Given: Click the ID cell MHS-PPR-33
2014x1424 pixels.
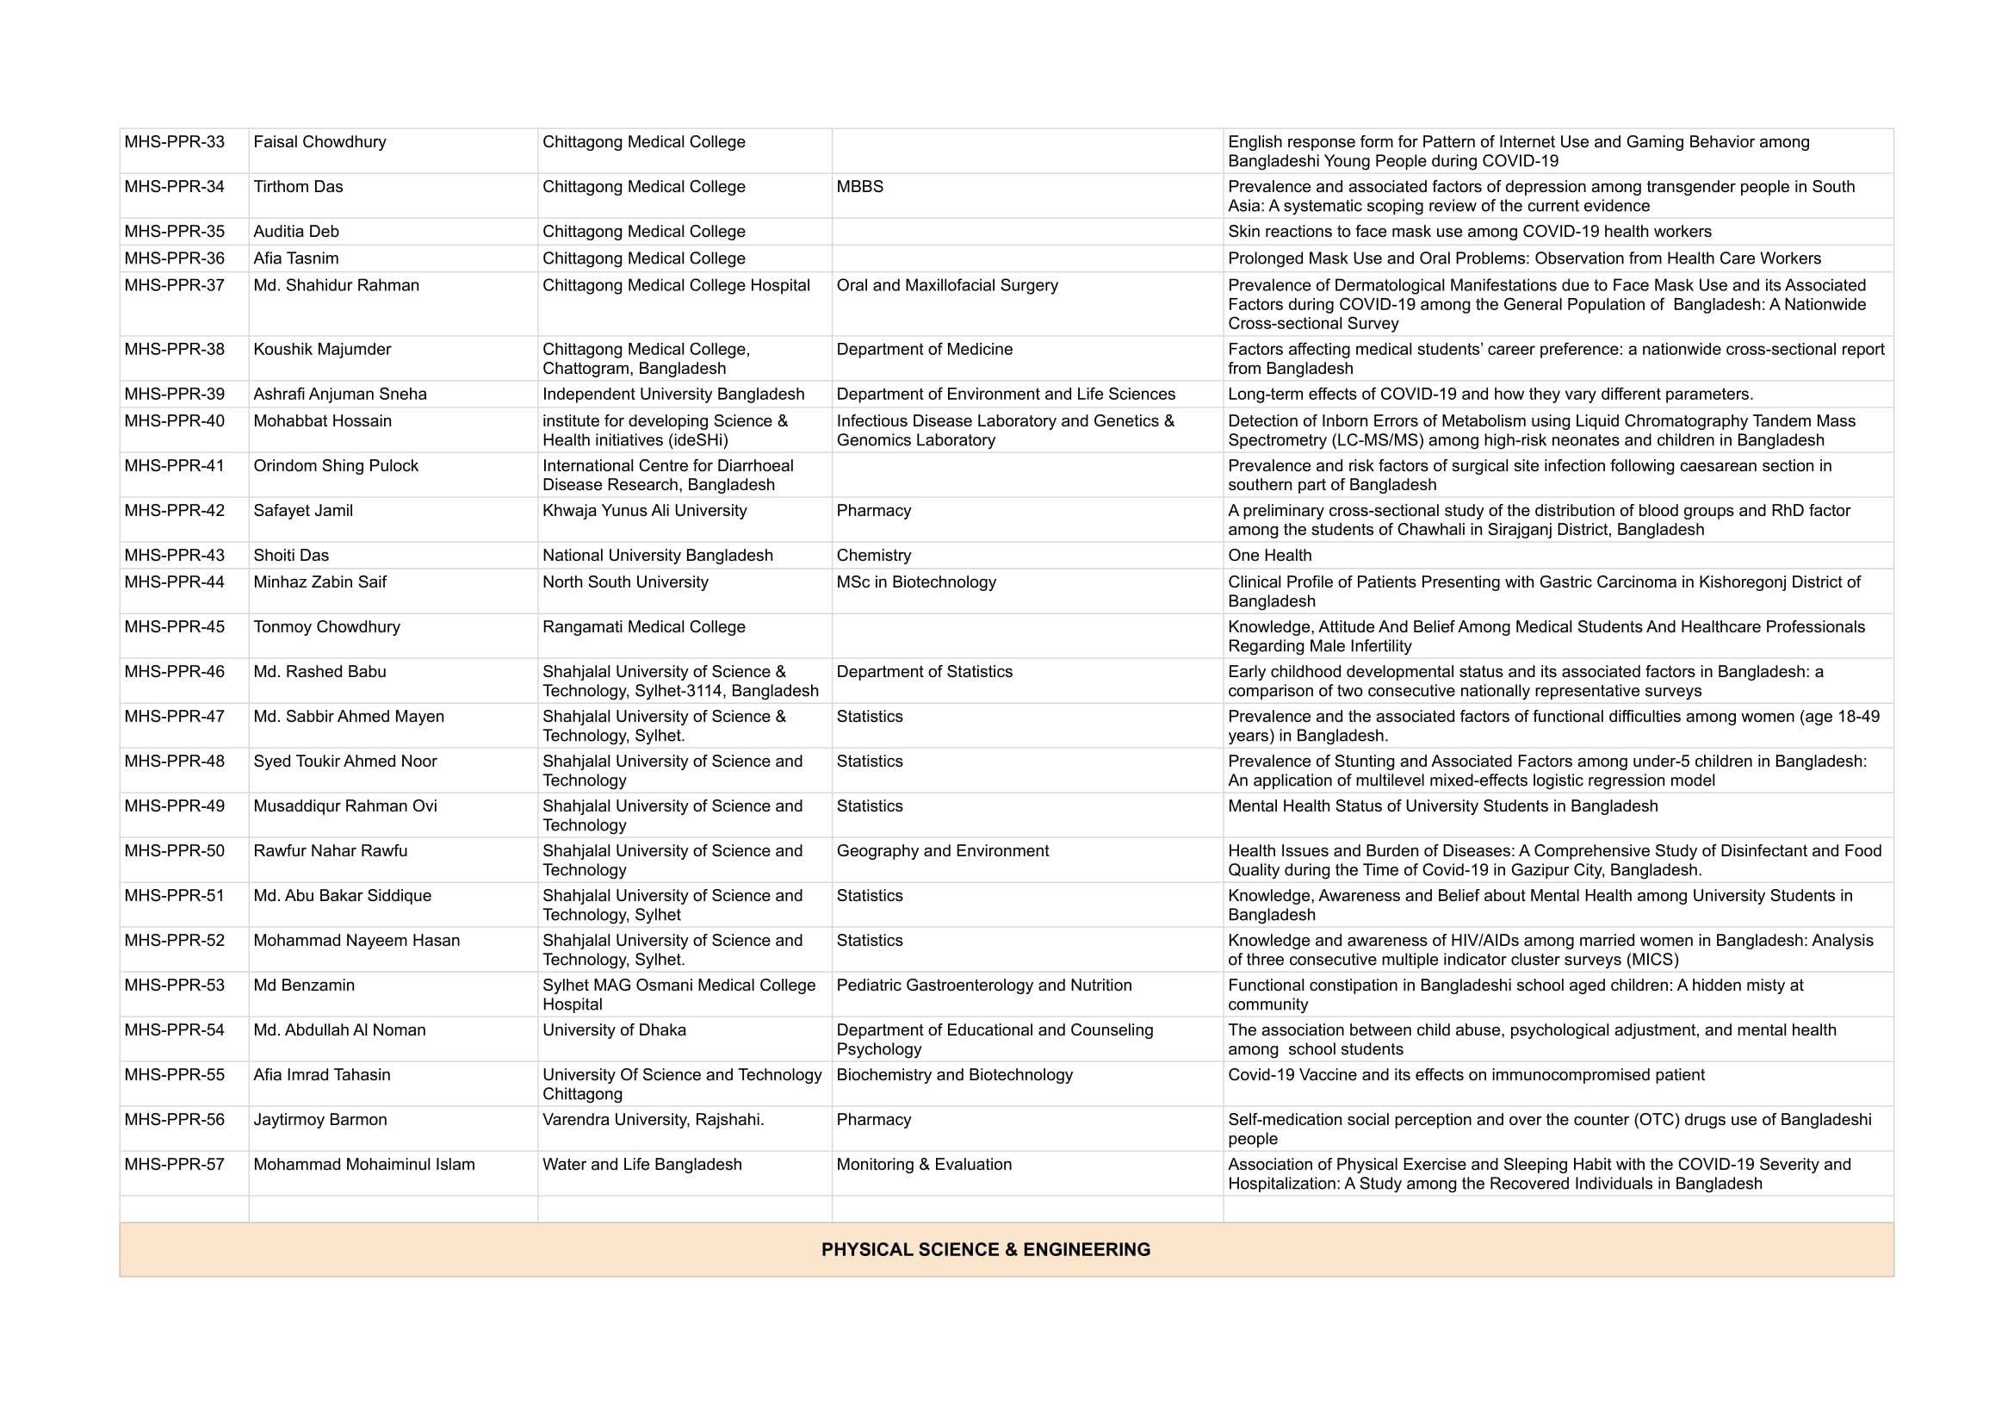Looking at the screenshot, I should click(x=175, y=142).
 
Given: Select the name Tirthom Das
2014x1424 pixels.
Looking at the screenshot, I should click(x=298, y=187).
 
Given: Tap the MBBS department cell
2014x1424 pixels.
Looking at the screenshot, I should click(x=859, y=187).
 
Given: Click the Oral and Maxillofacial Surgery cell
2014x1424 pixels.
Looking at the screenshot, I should click(x=947, y=285).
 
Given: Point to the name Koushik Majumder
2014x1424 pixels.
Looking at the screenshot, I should click(x=322, y=349).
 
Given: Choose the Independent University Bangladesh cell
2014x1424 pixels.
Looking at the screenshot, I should click(x=672, y=394).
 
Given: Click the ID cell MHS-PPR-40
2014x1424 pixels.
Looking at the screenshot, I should click(x=175, y=421).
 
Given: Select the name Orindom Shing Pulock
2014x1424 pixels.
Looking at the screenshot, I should click(x=336, y=466).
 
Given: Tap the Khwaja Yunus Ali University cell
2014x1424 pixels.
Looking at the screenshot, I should click(x=645, y=511).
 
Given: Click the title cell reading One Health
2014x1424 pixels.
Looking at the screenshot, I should click(x=1269, y=556).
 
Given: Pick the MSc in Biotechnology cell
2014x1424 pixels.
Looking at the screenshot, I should click(x=916, y=581).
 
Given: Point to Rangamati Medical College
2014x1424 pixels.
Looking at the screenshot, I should click(x=644, y=626).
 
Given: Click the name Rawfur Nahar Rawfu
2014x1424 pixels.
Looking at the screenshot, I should click(x=330, y=850).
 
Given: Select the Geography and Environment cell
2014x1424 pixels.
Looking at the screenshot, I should click(x=942, y=850).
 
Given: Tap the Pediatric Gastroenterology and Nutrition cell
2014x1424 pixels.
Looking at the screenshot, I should click(x=984, y=986).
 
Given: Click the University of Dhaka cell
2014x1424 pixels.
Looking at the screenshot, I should click(x=614, y=1030).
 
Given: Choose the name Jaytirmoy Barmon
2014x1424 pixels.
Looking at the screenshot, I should click(x=320, y=1120).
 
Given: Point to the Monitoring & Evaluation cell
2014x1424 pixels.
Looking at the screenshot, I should click(x=924, y=1165).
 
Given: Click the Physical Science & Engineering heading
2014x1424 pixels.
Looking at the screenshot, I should click(x=985, y=1249).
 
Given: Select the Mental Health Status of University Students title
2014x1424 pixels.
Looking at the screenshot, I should click(x=1442, y=806).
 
